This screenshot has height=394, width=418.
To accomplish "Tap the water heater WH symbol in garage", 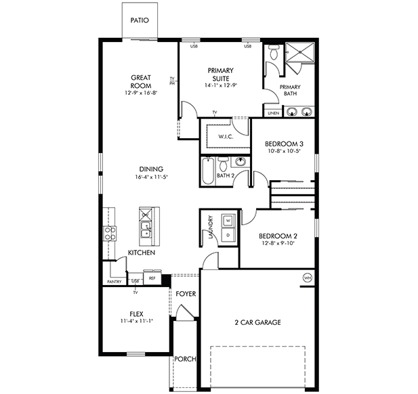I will coord(307,278).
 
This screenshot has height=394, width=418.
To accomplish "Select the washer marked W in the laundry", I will coord(228,221).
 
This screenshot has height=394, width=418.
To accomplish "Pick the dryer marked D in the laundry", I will coord(228,234).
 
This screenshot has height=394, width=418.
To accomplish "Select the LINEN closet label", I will coord(272,113).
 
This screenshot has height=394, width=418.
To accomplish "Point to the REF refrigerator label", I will coord(152,278).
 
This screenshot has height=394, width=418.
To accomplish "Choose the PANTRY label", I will coord(113,282).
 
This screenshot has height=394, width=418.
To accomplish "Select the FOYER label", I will coord(186,294).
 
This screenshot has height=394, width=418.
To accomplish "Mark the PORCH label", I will coord(185,359).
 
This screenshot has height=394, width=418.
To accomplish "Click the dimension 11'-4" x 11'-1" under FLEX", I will coord(136,321).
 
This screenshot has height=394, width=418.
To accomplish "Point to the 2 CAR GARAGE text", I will coord(257,322).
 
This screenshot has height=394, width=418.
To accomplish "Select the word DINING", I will coord(151,169).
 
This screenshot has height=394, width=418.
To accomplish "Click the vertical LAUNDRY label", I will coord(211,227).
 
